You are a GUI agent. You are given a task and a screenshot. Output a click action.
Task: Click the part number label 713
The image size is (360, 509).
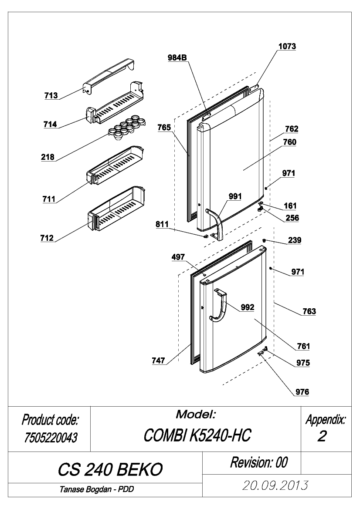click(x=51, y=95)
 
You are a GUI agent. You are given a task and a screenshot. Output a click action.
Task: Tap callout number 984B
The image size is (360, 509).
click(x=177, y=58)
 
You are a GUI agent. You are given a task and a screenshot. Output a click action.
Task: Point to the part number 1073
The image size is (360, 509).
click(x=287, y=47)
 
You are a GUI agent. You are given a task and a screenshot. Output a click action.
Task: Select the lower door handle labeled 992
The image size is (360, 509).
click(x=218, y=307)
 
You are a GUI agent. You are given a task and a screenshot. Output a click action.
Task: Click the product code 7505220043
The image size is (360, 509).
click(x=51, y=438)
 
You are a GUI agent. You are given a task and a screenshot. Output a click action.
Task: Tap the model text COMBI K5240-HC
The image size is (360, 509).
click(x=197, y=435)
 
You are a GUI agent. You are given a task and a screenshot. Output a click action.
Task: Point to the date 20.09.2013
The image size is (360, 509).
click(x=275, y=485)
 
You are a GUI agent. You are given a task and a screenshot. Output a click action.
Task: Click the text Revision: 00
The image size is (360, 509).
click(x=259, y=462)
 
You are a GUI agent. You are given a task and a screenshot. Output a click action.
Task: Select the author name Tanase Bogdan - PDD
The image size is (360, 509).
click(x=96, y=489)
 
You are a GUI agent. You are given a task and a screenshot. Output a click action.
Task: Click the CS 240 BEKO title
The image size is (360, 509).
click(x=110, y=469)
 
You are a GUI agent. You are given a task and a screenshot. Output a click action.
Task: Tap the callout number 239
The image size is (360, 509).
click(x=294, y=240)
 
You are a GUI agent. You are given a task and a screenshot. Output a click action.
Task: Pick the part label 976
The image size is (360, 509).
click(x=302, y=392)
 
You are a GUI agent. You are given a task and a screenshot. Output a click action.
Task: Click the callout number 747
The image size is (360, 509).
click(x=158, y=361)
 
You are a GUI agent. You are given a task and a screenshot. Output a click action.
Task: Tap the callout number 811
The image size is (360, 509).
click(x=162, y=224)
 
